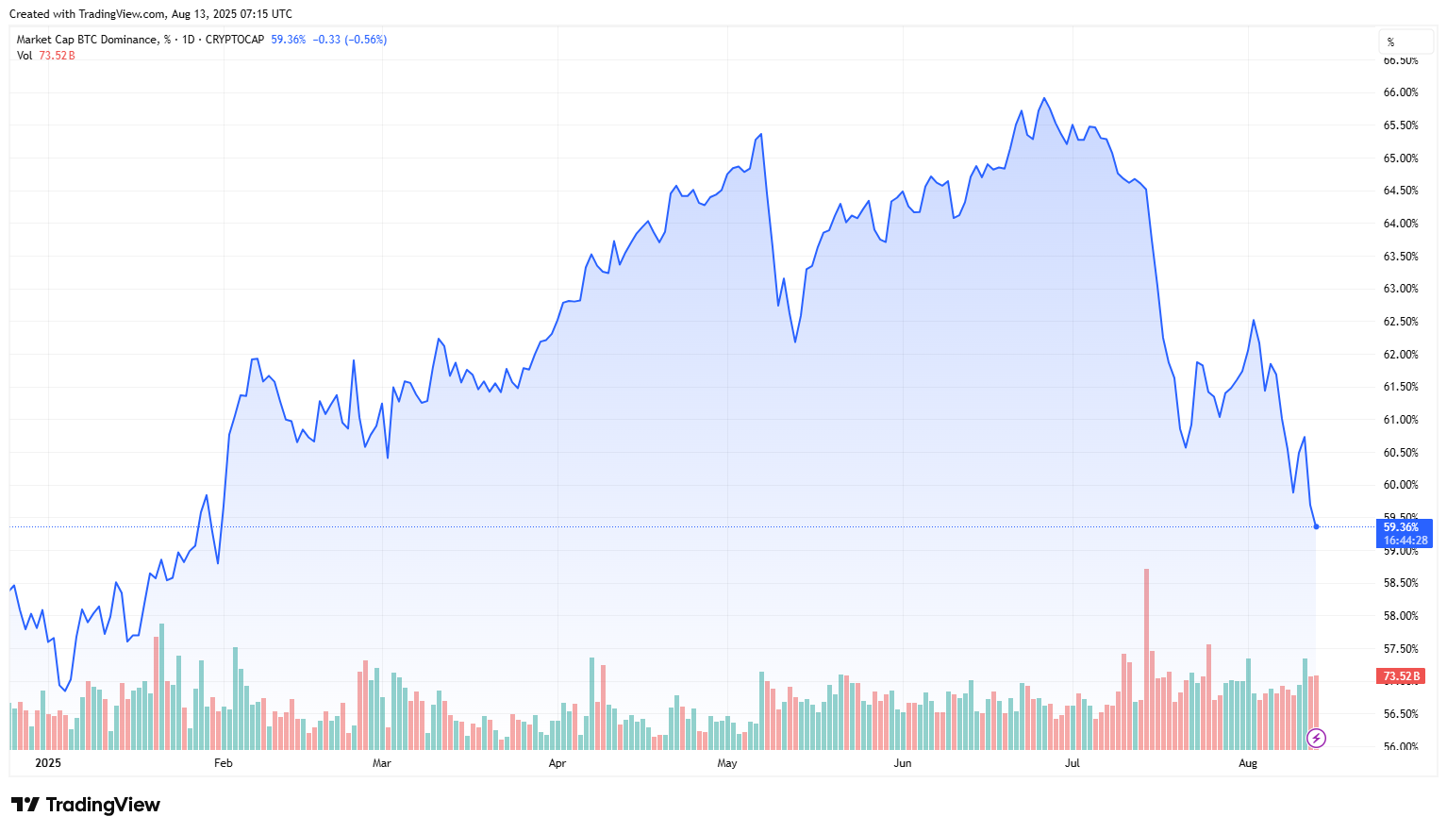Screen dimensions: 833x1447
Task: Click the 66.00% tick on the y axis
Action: click(x=1400, y=92)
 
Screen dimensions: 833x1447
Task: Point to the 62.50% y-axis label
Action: click(x=1400, y=322)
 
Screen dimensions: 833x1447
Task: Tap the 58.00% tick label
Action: click(x=1400, y=616)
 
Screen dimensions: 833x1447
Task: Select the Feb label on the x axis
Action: click(x=223, y=763)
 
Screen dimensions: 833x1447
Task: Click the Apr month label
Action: click(x=557, y=763)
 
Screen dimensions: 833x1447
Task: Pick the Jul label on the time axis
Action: click(x=1073, y=763)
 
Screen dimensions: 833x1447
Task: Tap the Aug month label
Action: click(x=1248, y=763)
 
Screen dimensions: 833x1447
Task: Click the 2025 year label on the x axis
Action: click(x=47, y=763)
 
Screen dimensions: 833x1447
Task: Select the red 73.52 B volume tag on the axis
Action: click(x=1402, y=676)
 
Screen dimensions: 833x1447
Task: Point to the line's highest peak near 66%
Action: click(x=1044, y=98)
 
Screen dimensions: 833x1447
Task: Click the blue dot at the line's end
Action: click(x=1316, y=526)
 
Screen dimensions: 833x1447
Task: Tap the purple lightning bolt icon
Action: click(x=1316, y=738)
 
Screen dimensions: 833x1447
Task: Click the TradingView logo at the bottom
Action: click(x=86, y=805)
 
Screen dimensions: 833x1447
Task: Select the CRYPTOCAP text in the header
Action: click(x=235, y=40)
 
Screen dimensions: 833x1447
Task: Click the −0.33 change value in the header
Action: click(x=326, y=40)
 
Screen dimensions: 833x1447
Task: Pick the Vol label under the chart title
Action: click(x=25, y=56)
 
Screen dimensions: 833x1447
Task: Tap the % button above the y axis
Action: click(x=1390, y=42)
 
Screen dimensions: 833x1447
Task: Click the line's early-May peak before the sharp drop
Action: click(x=760, y=135)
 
